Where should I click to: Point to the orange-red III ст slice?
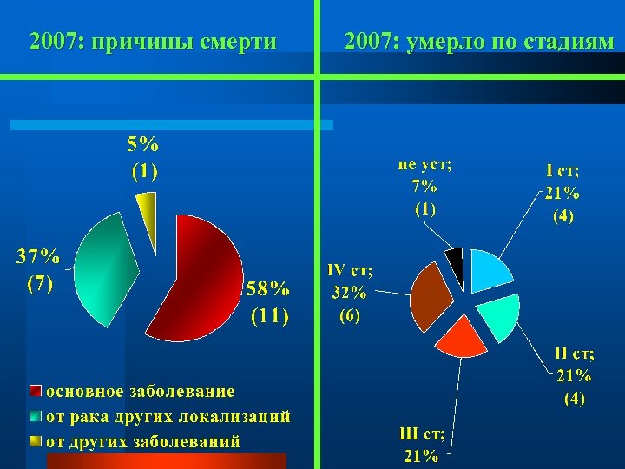[462, 335]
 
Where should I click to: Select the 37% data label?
[38, 269]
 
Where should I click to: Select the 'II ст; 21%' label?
[574, 376]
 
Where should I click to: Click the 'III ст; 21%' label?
[420, 445]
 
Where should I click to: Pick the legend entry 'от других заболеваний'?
[142, 441]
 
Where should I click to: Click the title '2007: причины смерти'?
[153, 41]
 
